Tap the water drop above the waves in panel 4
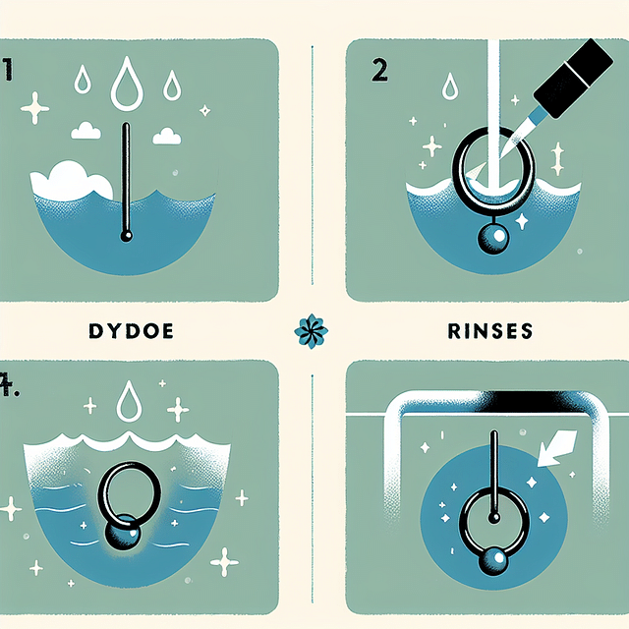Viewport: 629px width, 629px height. click(130, 402)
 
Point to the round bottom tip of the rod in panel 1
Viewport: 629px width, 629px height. click(125, 236)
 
